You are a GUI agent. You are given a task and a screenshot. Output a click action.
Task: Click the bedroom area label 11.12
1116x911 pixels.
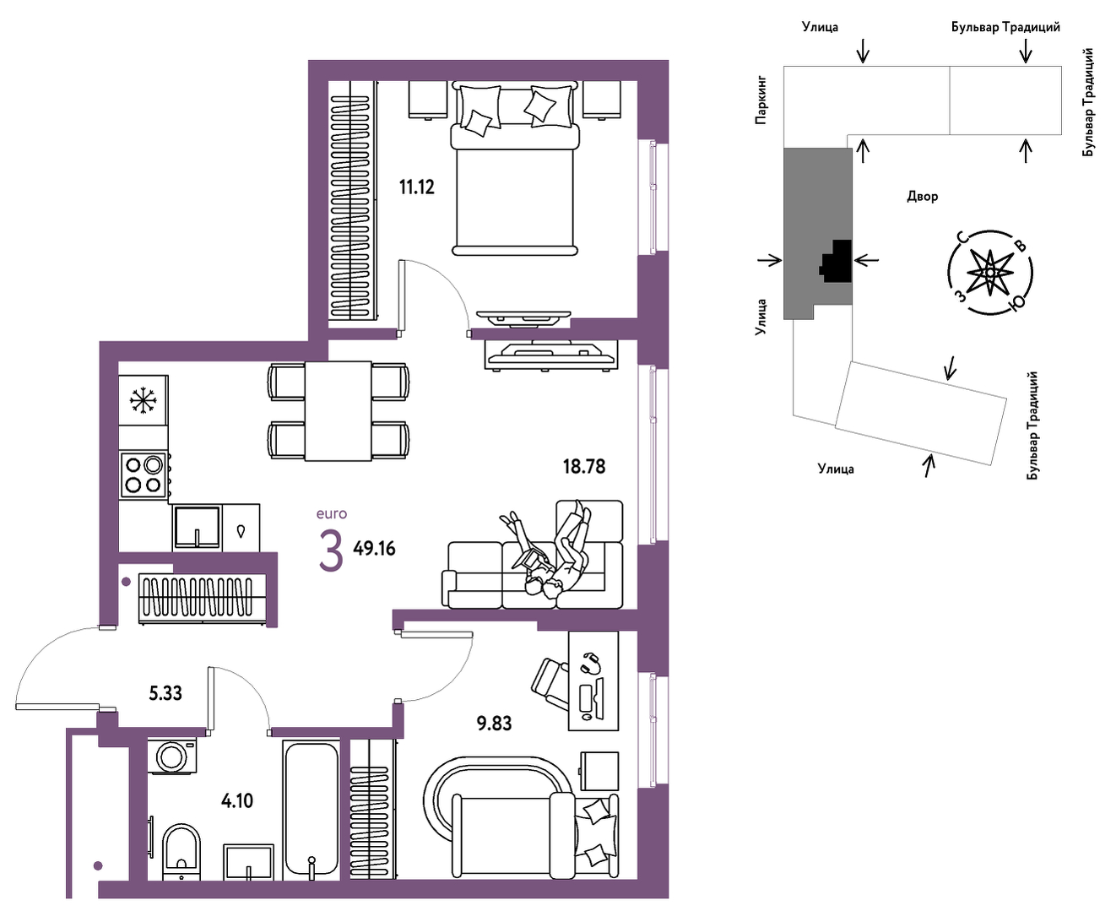click(416, 187)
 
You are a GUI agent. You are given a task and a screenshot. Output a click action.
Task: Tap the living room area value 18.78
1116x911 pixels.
click(583, 467)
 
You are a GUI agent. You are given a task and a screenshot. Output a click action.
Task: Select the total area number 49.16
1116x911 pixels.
click(374, 549)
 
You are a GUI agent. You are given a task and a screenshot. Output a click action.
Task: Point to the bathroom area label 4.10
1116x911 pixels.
click(237, 801)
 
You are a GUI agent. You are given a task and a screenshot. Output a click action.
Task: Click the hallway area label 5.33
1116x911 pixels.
click(165, 693)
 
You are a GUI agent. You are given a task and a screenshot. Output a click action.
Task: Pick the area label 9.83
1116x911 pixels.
click(494, 723)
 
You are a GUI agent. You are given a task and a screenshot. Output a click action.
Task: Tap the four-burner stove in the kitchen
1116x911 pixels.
click(144, 474)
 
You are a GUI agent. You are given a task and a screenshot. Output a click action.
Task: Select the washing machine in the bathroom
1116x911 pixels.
click(171, 756)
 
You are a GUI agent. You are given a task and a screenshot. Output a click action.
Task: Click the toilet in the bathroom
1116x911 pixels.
click(181, 850)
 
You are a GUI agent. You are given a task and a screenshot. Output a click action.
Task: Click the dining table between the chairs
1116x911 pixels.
click(338, 411)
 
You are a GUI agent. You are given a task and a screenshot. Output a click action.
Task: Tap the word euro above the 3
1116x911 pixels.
click(332, 513)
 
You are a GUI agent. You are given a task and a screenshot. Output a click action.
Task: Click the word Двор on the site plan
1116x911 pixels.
click(923, 197)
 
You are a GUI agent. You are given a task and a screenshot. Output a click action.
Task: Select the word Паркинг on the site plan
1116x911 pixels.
click(761, 100)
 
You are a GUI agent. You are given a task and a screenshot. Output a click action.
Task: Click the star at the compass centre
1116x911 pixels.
click(989, 273)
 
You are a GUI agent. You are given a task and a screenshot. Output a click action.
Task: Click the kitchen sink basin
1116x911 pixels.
click(198, 527)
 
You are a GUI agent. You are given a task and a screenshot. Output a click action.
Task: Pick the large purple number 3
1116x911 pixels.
click(331, 551)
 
